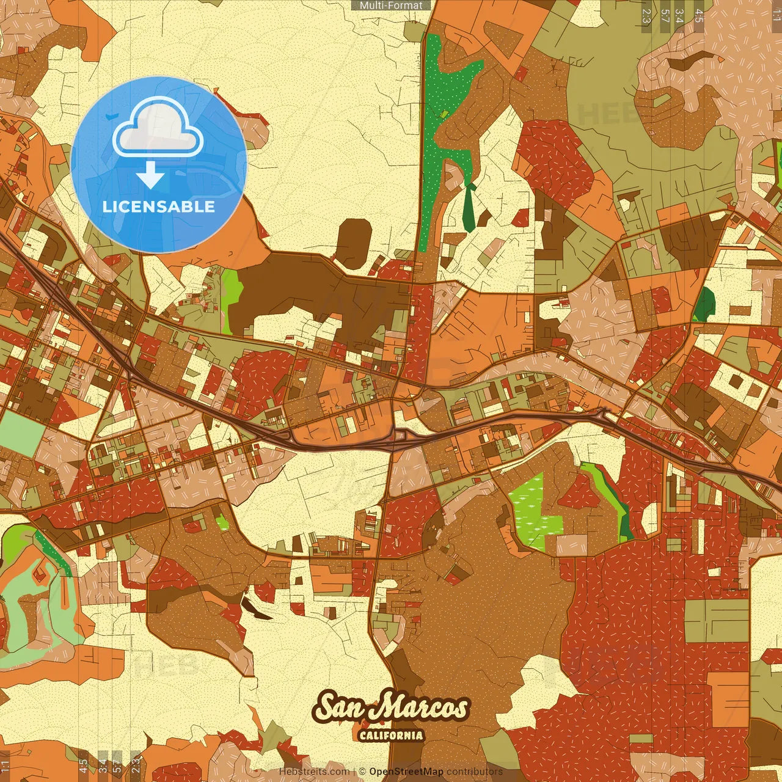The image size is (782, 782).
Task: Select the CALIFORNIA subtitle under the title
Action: (391, 734)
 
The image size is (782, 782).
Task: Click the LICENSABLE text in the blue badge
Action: (159, 206)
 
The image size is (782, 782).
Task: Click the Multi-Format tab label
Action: (391, 5)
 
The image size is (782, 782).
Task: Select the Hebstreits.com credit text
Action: (314, 772)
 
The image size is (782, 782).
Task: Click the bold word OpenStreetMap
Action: (406, 772)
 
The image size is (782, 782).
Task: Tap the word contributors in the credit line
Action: (474, 772)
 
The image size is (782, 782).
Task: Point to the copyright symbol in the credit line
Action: (362, 772)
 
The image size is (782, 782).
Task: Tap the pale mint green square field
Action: (21, 434)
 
